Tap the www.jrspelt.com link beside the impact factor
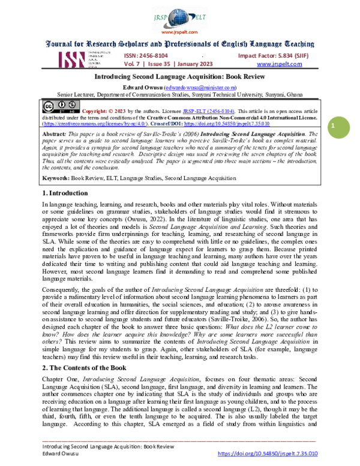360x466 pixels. point(279,64)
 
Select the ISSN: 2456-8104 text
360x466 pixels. point(148,54)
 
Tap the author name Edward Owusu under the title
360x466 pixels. point(137,88)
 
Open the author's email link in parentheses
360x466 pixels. point(184,88)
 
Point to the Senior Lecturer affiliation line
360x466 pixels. point(180,95)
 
